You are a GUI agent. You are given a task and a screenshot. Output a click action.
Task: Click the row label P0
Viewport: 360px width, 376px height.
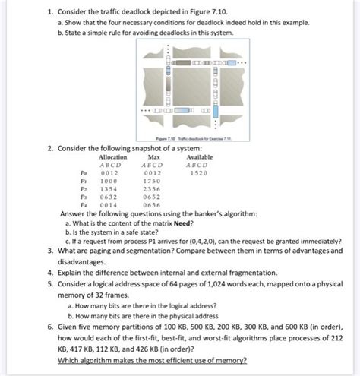(62, 172)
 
